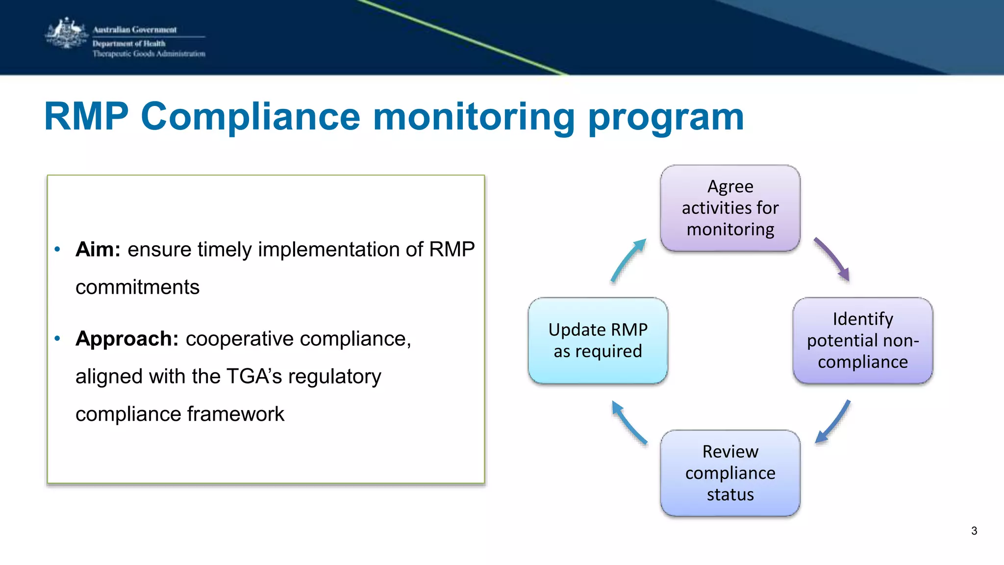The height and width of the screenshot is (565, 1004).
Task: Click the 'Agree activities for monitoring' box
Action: (730, 208)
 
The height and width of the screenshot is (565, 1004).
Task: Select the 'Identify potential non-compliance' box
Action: (862, 340)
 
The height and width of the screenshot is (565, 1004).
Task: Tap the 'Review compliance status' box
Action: (730, 473)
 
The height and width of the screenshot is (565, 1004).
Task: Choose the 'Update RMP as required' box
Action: (598, 340)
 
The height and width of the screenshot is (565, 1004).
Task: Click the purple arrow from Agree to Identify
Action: (832, 259)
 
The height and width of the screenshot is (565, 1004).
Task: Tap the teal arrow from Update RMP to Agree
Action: (628, 260)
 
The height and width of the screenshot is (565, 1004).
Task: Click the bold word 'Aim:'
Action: (98, 250)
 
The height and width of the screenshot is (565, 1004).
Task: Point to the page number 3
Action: (974, 531)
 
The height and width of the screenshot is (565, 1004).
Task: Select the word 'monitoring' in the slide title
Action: (474, 118)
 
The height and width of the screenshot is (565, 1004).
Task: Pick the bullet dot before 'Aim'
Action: (57, 250)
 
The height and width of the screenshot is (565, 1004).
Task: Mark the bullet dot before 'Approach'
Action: (57, 338)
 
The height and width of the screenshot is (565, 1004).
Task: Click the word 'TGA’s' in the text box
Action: (254, 377)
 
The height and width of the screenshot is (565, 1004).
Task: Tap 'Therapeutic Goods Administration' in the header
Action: (149, 54)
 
